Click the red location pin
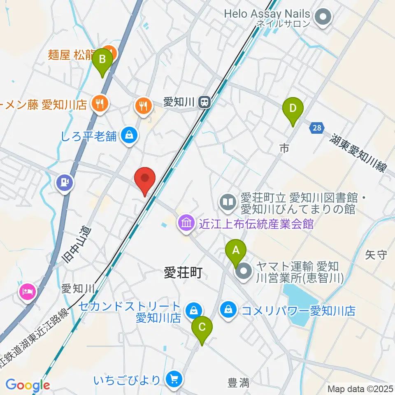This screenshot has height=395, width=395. [x=145, y=180]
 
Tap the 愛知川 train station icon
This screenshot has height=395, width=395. [x=204, y=102]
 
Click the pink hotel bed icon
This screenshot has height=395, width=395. [x=28, y=293]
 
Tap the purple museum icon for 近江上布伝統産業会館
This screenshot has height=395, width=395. [x=186, y=223]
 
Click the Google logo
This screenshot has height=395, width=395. [x=28, y=386]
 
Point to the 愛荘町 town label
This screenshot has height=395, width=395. [x=183, y=272]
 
